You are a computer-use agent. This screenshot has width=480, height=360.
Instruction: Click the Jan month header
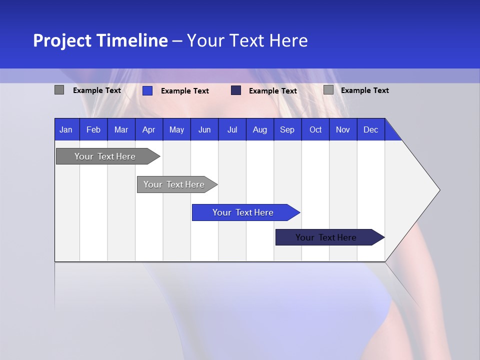66,129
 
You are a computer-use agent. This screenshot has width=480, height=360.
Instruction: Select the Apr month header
148,129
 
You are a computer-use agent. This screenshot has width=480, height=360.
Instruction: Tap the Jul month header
232,129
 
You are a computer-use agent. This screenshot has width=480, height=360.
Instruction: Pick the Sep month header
287,129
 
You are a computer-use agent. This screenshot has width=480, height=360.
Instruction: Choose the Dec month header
370,129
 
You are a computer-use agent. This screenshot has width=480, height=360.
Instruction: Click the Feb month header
93,129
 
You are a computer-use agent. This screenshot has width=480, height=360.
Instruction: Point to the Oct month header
315,129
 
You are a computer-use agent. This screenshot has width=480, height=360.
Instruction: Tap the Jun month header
204,129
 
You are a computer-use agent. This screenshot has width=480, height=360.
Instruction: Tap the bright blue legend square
147,90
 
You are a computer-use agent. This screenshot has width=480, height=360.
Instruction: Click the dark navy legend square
236,90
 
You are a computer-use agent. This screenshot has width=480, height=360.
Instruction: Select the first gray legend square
59,90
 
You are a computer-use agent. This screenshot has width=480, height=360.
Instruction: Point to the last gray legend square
328,90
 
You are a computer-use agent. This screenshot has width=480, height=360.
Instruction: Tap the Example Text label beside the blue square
185,91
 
